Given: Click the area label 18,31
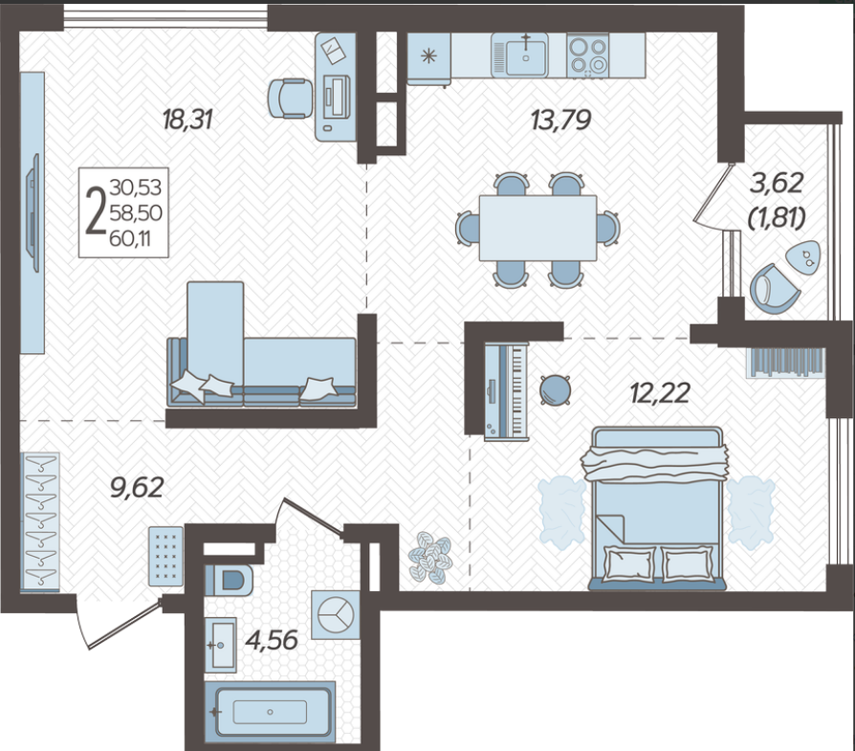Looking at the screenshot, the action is pos(187,120).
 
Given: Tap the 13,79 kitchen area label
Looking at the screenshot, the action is pos(561,120).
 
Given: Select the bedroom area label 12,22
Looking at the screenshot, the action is pos(660,392).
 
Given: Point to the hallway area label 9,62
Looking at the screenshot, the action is pos(137,487).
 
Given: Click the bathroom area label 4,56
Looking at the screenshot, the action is pos(272,640).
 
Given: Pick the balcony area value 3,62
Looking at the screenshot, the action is pos(777,184).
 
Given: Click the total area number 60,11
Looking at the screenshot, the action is pos(130,238).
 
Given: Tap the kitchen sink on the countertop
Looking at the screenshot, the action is pos(526,55).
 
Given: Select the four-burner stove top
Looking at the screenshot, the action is pos(587,55).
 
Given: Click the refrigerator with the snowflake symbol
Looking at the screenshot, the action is pos(429,58).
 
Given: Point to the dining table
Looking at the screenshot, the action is pos(538,228).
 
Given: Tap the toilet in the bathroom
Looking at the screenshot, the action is pos(229,580).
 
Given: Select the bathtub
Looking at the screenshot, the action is pos(270,712).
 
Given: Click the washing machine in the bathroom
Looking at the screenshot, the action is pos(336,614).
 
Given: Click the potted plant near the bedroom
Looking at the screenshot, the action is pos(430,558).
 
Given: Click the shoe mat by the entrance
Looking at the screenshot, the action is pos(166,556).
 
